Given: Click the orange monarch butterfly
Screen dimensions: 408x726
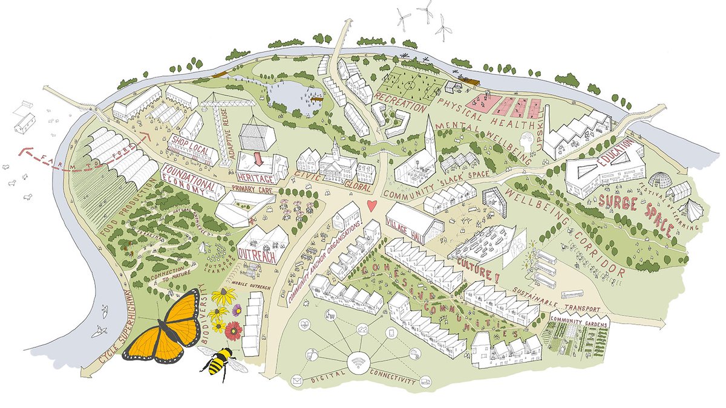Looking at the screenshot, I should [x=166, y=329].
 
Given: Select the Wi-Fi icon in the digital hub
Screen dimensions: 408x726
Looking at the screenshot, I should [x=358, y=364].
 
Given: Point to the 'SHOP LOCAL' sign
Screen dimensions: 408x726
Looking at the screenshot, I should [x=186, y=145].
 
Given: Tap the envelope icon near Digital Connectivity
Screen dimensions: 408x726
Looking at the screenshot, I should [x=297, y=380].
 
